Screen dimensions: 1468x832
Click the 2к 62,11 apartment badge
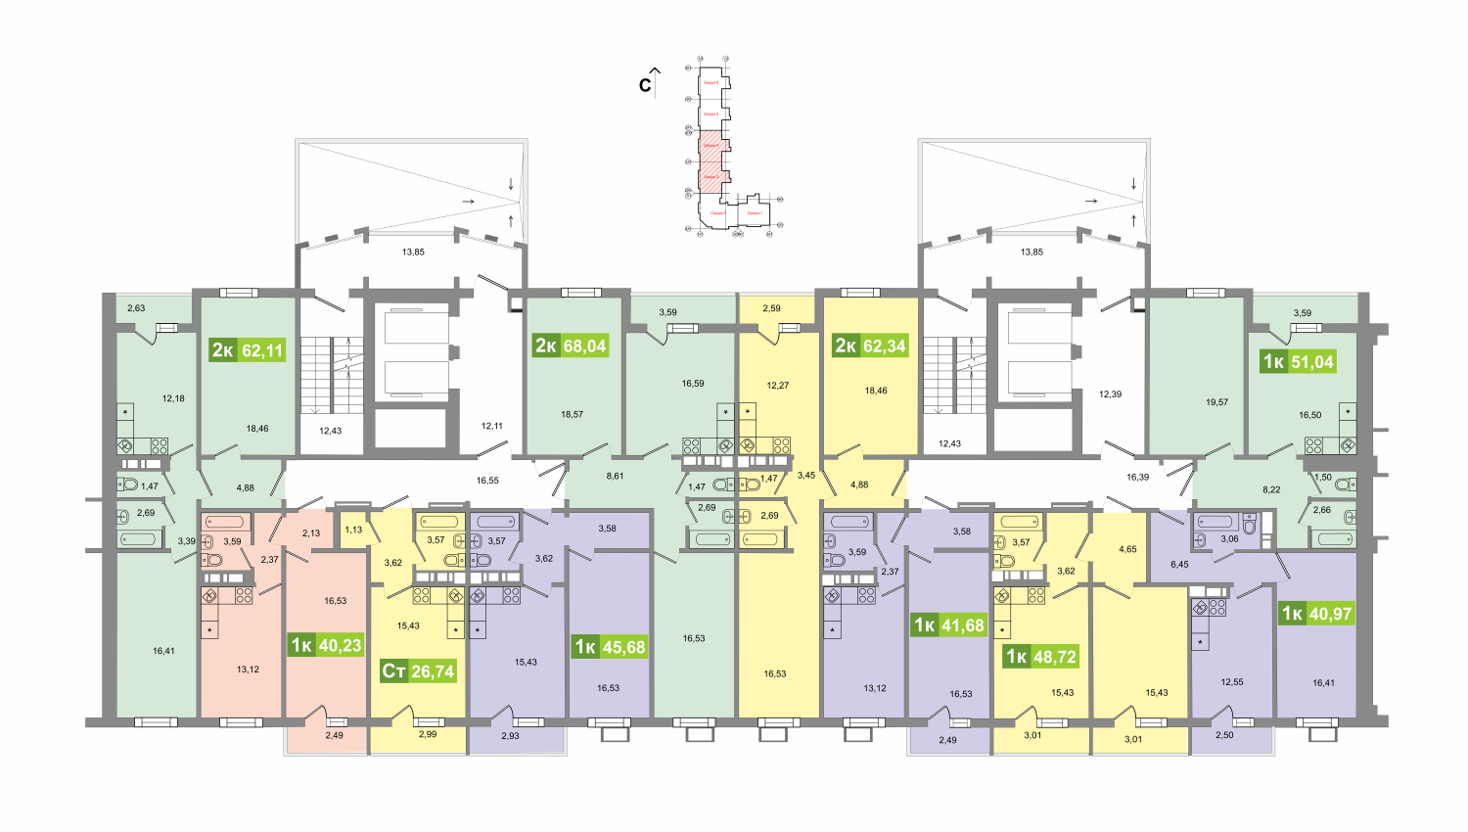(248, 349)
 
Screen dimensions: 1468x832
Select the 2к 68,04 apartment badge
(571, 346)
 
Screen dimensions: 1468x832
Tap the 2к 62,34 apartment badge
(870, 346)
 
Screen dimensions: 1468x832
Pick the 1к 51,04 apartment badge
(1298, 361)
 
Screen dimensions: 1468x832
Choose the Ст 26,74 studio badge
(418, 670)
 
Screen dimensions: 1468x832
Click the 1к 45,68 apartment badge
(610, 647)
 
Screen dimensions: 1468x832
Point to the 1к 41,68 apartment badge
(948, 625)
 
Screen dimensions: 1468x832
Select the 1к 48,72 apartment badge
(1040, 657)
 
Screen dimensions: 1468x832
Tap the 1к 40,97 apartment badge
(1316, 614)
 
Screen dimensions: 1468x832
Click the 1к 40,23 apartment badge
(326, 645)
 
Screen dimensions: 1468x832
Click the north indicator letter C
(645, 85)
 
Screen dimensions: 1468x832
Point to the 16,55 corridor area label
(487, 481)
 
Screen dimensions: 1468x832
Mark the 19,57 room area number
(1216, 402)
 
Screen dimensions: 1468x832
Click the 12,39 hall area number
(1110, 394)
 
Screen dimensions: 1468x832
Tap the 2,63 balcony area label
(136, 308)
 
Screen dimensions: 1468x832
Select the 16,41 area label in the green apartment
(163, 651)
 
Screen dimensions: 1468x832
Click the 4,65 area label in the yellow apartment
(1127, 549)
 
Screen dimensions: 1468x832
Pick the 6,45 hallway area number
(1179, 564)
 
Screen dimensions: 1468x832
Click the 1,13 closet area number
(353, 530)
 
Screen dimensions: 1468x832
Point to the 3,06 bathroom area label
(1229, 538)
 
